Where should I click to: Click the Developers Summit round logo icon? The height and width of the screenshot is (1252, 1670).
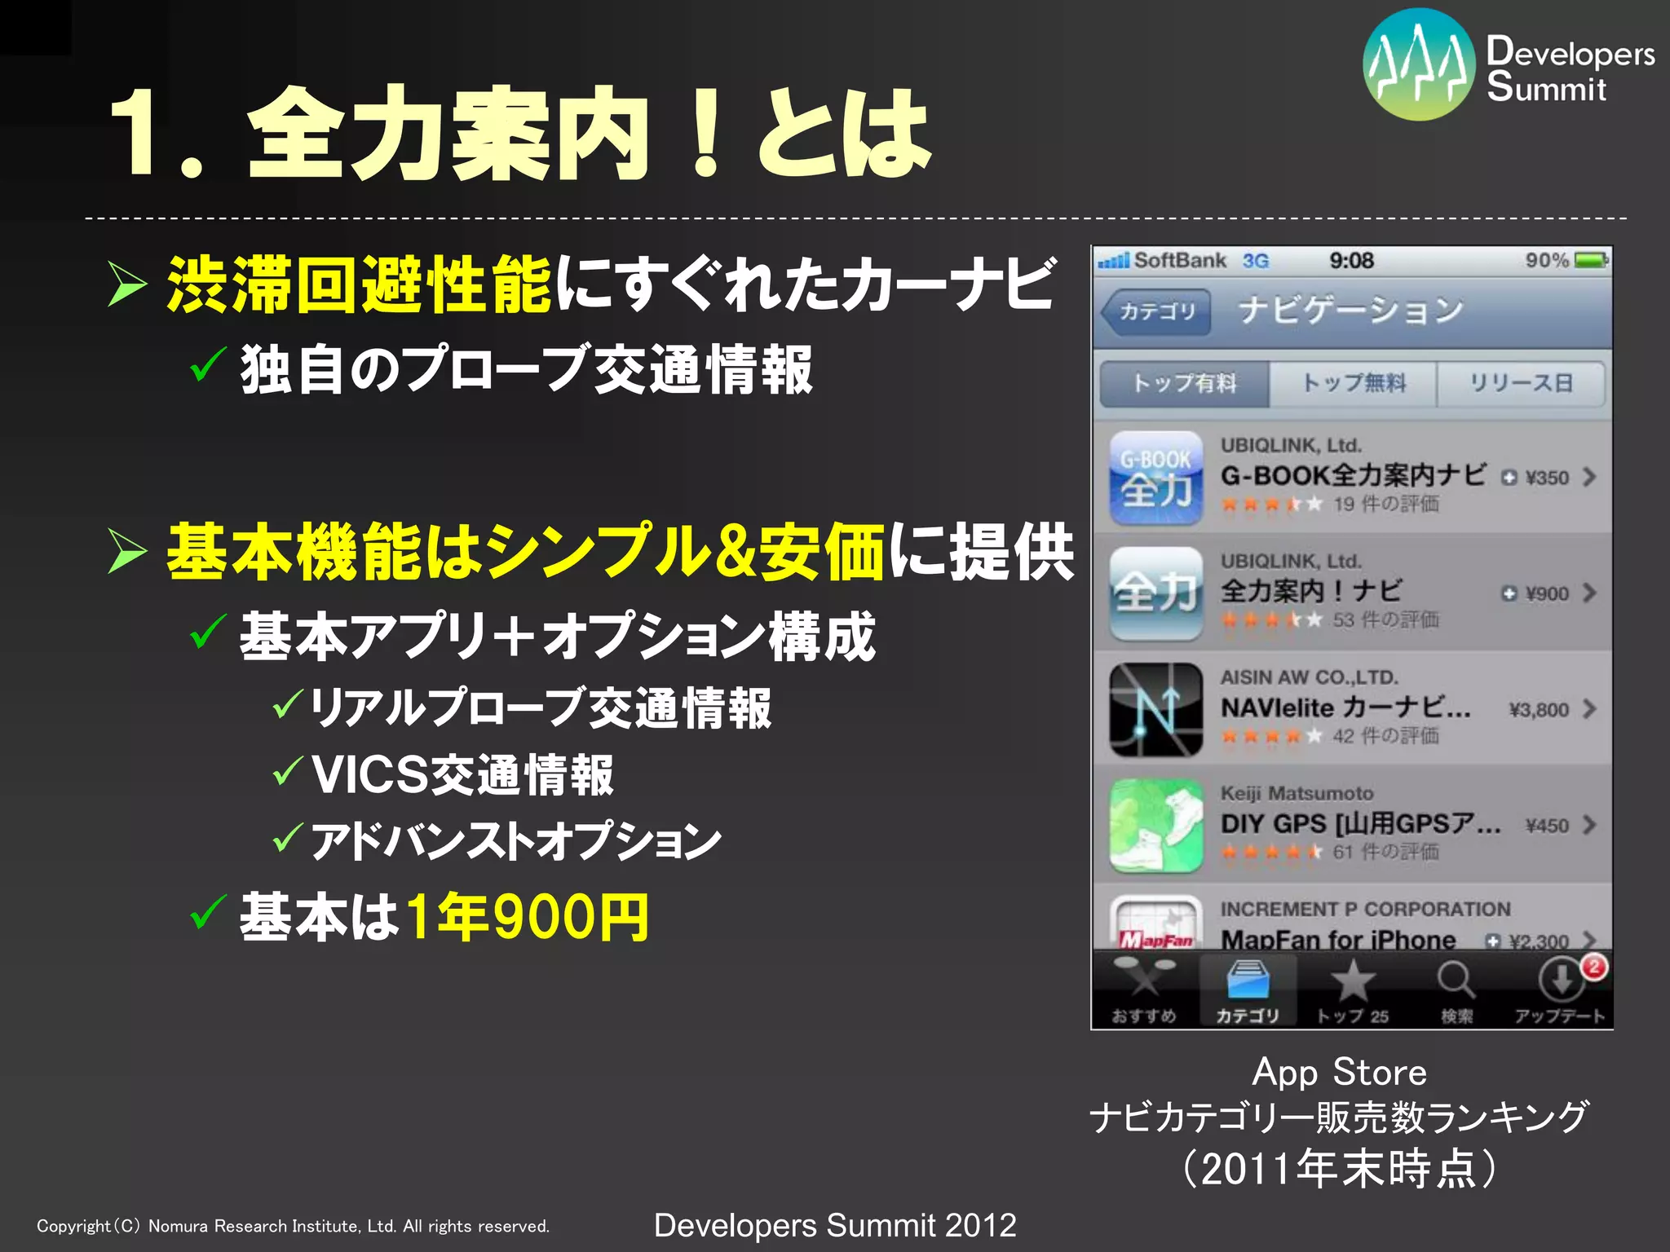(1419, 65)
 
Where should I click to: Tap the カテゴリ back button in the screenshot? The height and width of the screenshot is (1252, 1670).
(1155, 311)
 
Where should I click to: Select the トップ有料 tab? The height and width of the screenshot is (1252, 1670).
(1185, 383)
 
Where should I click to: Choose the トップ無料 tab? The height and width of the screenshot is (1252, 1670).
(1354, 383)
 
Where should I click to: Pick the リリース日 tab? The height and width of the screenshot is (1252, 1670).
(1521, 383)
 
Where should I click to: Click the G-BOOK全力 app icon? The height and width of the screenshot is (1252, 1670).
(1156, 478)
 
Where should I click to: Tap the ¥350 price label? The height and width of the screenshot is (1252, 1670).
(1546, 478)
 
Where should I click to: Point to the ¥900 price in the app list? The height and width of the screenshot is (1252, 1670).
(1546, 593)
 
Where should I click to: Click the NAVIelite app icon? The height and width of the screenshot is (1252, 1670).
(1156, 709)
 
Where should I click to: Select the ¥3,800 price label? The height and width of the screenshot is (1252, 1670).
(1539, 710)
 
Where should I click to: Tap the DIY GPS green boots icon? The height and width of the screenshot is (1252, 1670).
(1156, 825)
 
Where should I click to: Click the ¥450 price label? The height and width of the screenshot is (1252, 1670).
(1547, 826)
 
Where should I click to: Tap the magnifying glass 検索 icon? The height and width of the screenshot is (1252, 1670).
(1456, 981)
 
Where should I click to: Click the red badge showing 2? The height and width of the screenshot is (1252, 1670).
(1594, 968)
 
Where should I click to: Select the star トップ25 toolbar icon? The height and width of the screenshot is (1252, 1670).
(1352, 981)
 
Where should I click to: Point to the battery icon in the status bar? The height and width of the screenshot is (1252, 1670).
(1591, 261)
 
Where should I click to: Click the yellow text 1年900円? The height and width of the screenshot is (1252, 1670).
(527, 917)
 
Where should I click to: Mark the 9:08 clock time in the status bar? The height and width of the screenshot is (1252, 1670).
(1351, 261)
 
